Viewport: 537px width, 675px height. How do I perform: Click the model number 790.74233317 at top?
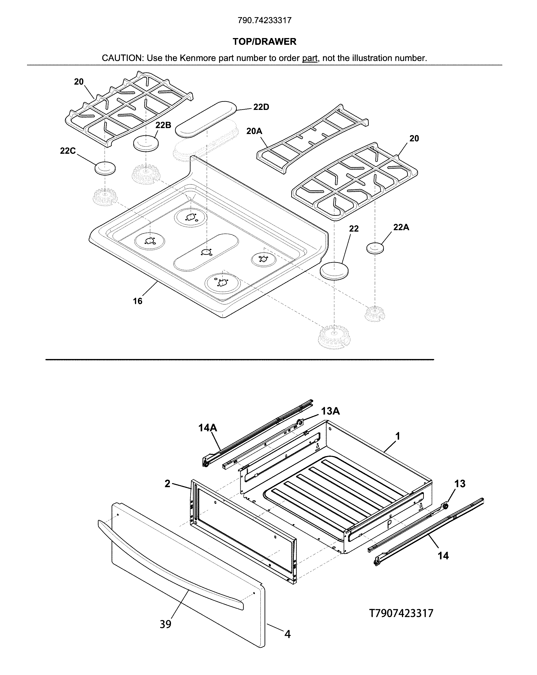264,20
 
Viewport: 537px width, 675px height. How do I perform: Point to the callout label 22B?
163,125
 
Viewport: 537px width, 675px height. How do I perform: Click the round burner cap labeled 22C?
105,168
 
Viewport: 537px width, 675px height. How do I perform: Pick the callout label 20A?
254,131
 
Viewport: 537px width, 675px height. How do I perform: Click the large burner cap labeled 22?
334,270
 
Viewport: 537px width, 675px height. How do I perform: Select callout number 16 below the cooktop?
138,301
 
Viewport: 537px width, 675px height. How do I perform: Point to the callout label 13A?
330,411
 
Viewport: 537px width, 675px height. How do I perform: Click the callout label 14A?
208,428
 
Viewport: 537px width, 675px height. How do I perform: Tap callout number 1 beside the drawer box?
398,436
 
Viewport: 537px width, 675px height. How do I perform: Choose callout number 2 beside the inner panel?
168,484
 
